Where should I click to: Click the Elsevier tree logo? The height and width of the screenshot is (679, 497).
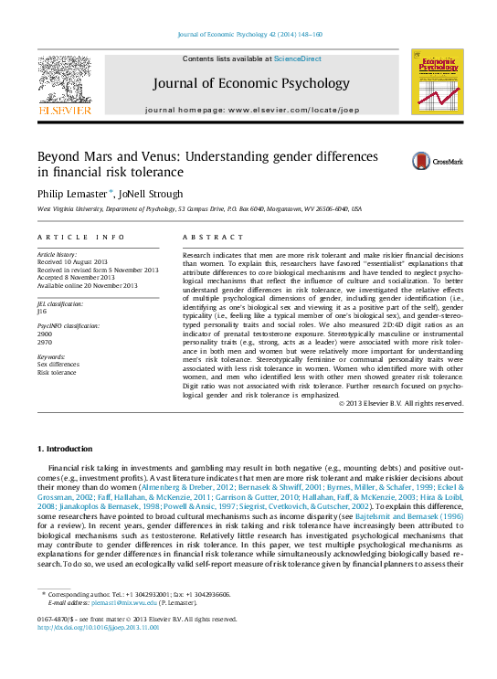pos(64,80)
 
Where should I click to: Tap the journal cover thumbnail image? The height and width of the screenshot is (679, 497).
pos(437,82)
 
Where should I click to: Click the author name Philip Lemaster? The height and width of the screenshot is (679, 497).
pos(69,193)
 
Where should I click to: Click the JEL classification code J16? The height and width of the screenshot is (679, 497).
pos(42,312)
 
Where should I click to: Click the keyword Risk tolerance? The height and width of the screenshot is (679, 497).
pos(57,373)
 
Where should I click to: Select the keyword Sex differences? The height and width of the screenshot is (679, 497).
pos(58,365)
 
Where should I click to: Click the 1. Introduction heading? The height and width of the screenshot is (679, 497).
pos(65,449)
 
